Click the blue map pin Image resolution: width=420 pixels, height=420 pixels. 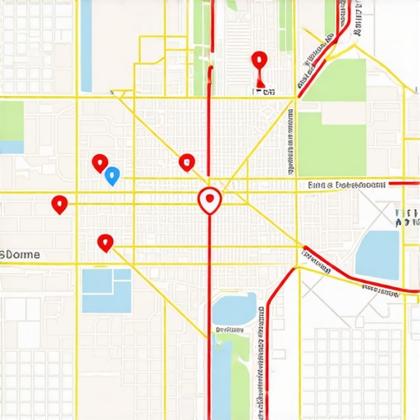113,175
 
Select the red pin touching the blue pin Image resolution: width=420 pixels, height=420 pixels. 100,162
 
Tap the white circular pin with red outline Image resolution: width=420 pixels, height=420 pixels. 210,199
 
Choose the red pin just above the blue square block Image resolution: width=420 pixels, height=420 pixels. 104,242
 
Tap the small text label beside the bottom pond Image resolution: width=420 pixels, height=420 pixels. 231,330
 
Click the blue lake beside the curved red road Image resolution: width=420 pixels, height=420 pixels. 377,254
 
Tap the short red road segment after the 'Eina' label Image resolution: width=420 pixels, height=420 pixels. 403,183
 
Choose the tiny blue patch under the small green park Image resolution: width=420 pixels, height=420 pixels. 11,147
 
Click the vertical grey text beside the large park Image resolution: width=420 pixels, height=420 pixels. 292,139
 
